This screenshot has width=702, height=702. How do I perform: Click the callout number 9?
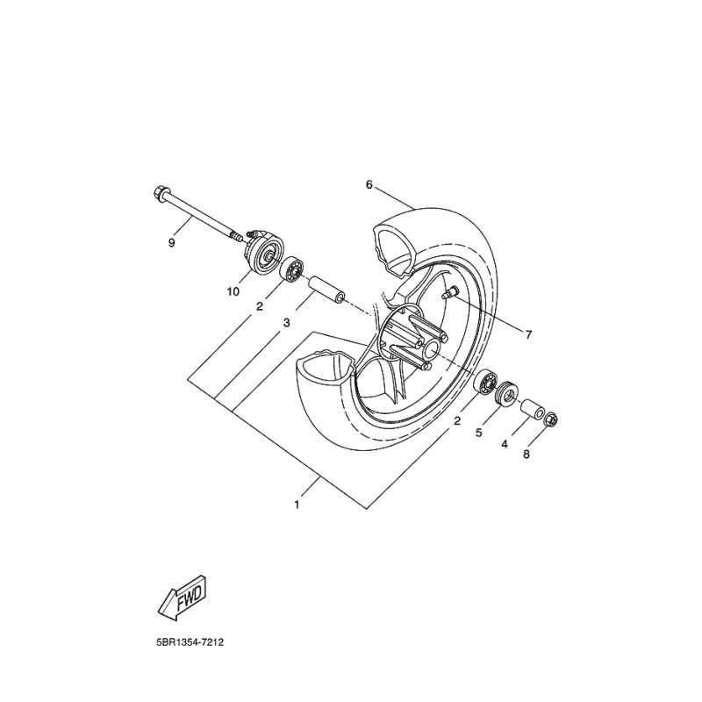(171, 243)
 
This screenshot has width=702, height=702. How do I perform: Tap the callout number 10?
(233, 291)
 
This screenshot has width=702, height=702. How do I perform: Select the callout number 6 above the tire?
(369, 184)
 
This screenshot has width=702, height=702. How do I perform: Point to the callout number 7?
(528, 334)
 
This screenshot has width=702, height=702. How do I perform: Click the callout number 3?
(287, 322)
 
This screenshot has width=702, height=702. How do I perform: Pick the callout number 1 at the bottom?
(297, 505)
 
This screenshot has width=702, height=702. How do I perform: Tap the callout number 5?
(478, 433)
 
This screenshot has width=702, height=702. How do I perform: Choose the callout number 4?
(505, 444)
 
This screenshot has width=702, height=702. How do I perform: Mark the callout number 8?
(526, 455)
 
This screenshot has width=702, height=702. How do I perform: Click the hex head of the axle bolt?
(159, 193)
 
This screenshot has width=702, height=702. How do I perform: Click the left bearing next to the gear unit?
(291, 269)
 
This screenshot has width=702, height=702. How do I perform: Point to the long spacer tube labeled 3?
(325, 290)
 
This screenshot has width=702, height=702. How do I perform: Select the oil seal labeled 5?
(506, 393)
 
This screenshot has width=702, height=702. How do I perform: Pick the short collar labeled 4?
(532, 408)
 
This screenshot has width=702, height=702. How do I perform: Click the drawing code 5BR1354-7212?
(188, 642)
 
